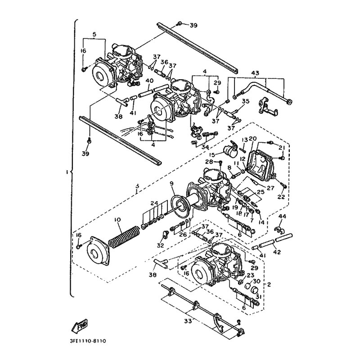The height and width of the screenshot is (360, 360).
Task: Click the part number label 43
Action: (255, 73)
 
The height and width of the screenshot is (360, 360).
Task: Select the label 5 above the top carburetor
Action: (94, 34)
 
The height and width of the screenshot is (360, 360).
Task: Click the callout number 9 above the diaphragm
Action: (171, 183)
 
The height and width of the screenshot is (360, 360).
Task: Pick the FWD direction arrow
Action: (81, 324)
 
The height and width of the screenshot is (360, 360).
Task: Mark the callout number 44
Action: (282, 217)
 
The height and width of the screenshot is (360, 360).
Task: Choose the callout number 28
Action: (209, 162)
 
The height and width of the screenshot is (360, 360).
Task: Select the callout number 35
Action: (245, 101)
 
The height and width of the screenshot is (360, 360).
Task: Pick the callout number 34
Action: (205, 147)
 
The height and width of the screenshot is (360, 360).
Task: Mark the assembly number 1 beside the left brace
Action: (67, 172)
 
